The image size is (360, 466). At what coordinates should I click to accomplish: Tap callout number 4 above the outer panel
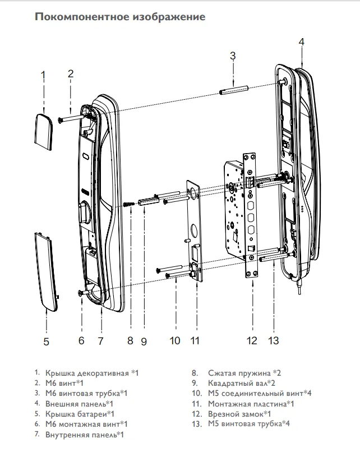[301, 43]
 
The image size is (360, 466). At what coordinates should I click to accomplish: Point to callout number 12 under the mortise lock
[252, 340]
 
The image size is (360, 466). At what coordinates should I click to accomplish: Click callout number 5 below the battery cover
[47, 341]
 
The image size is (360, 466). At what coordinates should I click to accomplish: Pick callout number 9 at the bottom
[144, 340]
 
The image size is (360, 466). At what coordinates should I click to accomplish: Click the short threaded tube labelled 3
[232, 90]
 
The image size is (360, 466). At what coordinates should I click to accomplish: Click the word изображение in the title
[169, 17]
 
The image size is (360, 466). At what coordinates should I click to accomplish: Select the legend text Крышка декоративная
[87, 372]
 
